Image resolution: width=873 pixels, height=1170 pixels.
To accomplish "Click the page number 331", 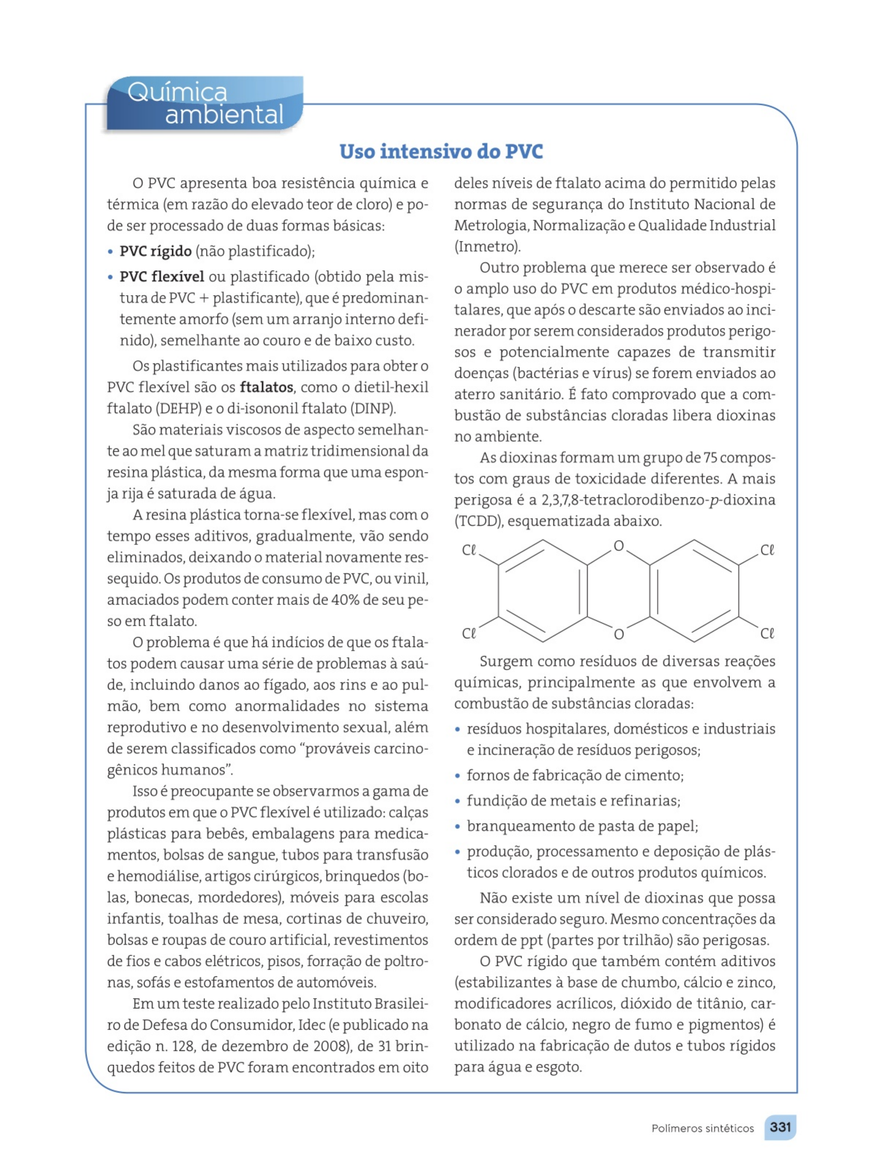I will click(x=780, y=1127).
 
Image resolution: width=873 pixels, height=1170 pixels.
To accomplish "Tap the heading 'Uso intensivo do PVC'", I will click(x=441, y=151).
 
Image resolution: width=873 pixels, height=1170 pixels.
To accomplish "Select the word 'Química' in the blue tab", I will click(x=177, y=93).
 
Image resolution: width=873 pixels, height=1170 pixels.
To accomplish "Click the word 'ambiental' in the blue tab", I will click(x=224, y=114).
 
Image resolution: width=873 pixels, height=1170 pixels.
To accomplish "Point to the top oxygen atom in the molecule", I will click(x=619, y=546).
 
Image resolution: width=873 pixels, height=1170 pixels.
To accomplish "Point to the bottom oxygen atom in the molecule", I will click(x=619, y=634).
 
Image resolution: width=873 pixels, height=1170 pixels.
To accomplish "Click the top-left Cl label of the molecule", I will click(x=469, y=550).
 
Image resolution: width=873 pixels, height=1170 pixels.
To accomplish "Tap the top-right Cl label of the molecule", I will click(x=767, y=550).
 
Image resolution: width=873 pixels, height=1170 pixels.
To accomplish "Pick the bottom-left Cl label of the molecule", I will click(x=469, y=633).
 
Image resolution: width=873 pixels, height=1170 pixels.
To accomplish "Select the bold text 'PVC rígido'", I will click(x=156, y=251).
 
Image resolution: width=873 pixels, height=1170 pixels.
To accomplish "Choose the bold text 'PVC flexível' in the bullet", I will click(x=162, y=277).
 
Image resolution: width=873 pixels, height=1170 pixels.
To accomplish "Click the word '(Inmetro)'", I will click(x=487, y=246).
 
